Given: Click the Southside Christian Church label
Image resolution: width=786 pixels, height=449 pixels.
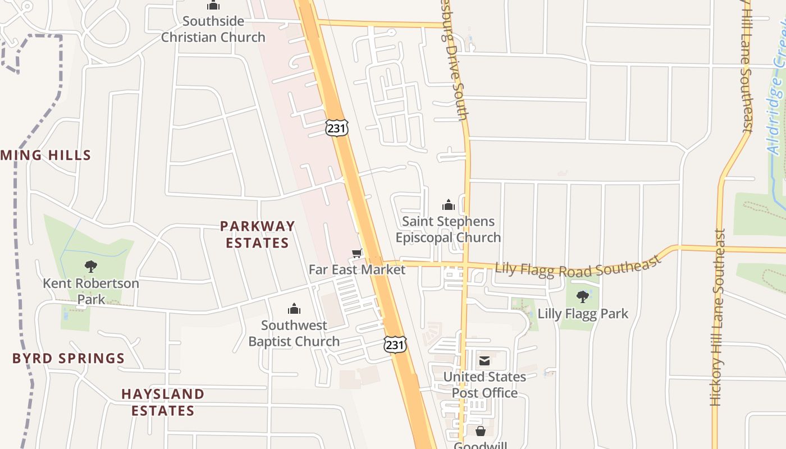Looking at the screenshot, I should [213, 29].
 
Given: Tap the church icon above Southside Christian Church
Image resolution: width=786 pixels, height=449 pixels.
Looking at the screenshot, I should [213, 6].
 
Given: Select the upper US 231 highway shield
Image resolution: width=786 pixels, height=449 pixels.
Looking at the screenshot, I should [336, 128].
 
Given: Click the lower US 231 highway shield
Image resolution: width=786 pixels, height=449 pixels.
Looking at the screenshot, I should [395, 345].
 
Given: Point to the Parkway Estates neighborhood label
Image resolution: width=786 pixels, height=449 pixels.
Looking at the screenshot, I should [257, 235].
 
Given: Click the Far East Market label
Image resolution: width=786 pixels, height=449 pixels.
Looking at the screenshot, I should [357, 269].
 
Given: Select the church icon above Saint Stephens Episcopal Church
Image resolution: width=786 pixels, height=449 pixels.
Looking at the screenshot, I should [448, 205].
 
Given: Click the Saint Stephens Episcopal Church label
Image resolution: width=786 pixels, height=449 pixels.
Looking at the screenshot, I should [448, 230].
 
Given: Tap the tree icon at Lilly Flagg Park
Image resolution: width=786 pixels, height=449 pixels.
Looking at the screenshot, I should [583, 296].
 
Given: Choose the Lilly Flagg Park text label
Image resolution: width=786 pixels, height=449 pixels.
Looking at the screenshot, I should [583, 313].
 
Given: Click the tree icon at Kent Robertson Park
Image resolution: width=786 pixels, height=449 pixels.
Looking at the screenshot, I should [91, 267].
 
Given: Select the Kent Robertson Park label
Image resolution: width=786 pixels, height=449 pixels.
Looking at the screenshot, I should [91, 291].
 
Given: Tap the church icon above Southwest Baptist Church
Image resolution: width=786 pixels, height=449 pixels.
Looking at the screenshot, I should [294, 309].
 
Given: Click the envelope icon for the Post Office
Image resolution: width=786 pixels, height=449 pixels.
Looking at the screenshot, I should [484, 360].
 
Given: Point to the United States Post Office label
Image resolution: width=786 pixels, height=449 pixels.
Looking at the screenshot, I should [485, 384].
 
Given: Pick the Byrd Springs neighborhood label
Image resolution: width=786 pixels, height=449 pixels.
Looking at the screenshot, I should [68, 358].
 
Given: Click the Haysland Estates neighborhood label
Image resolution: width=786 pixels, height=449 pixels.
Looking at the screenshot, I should [163, 402].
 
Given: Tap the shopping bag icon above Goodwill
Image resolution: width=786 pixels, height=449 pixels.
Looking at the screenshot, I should [481, 431].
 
